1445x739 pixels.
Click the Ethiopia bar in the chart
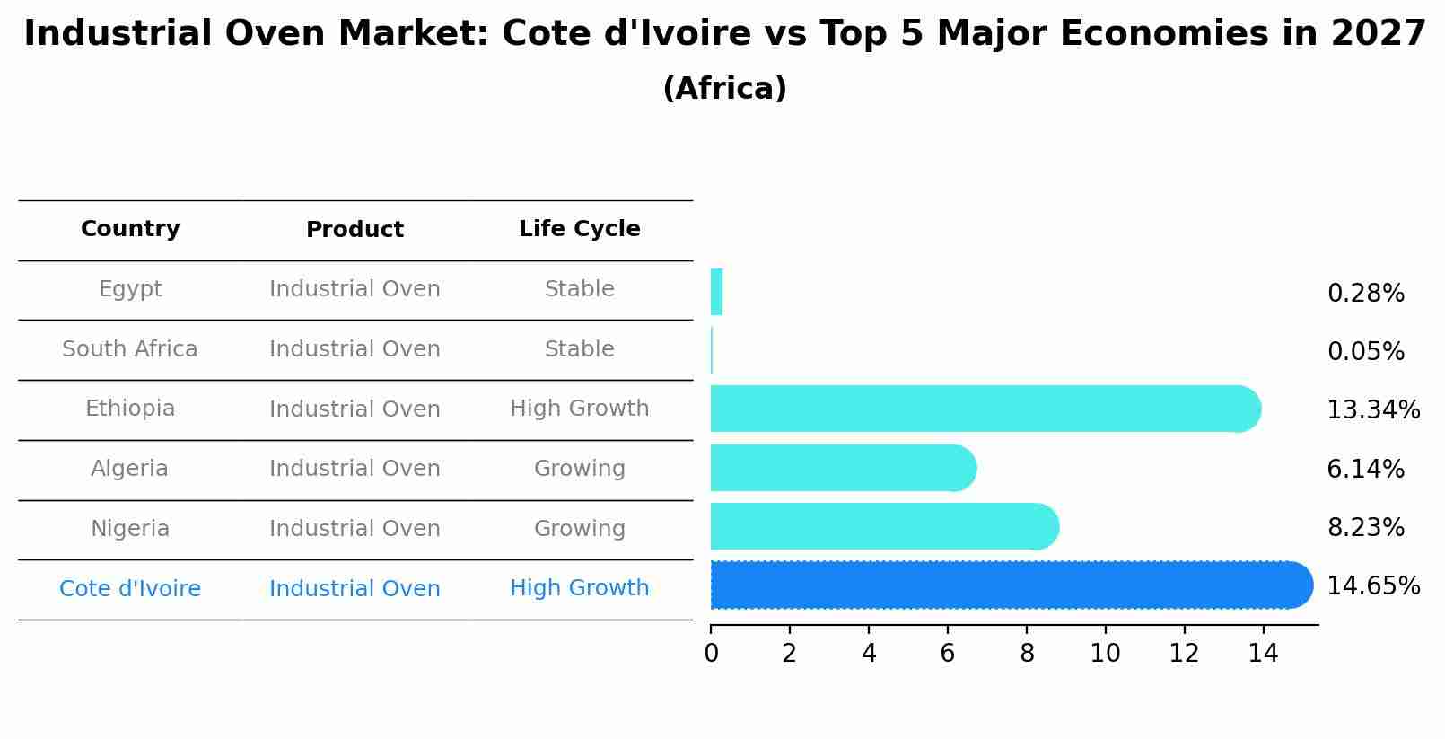[983, 409]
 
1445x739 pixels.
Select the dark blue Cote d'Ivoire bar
[1010, 585]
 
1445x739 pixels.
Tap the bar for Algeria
[842, 468]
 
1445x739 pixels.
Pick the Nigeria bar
[883, 526]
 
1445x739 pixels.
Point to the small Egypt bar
[716, 292]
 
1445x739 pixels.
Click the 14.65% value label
[1372, 586]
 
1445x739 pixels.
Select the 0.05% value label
[1365, 352]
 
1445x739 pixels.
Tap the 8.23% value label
[1365, 528]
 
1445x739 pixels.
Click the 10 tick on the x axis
[1105, 654]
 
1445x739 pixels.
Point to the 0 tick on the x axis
[711, 654]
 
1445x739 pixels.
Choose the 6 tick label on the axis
[947, 654]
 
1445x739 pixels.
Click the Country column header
[130, 229]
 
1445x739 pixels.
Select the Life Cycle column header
[579, 229]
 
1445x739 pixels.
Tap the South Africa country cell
[130, 349]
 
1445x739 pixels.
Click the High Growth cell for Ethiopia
[579, 409]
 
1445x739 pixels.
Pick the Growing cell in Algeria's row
[579, 469]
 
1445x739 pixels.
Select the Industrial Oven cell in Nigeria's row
[355, 529]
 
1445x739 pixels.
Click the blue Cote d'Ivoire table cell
[130, 589]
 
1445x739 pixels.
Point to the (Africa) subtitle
[724, 89]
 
